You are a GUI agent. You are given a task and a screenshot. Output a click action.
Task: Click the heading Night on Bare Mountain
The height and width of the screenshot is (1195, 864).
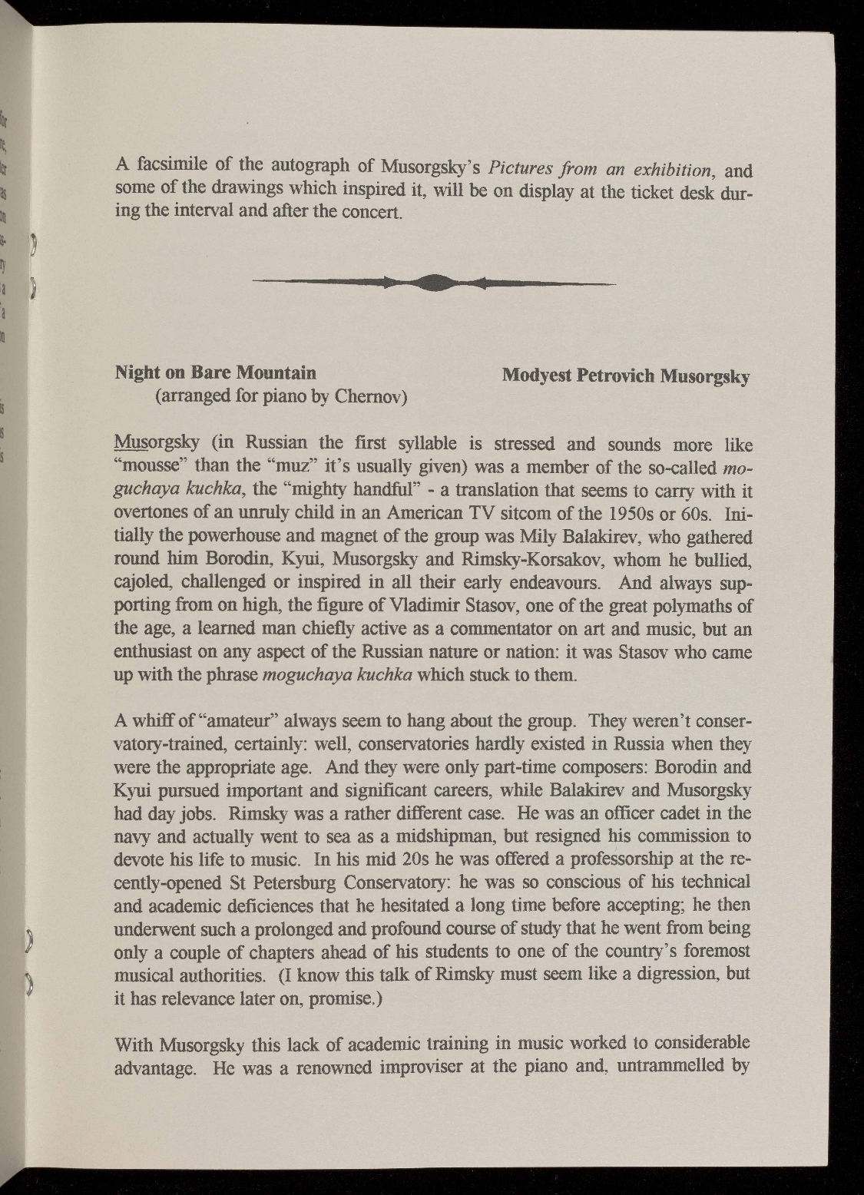tap(215, 373)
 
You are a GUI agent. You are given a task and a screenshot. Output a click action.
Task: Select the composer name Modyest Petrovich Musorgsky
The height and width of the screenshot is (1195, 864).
tap(625, 376)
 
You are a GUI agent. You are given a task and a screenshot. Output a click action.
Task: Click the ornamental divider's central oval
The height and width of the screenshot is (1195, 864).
tap(434, 283)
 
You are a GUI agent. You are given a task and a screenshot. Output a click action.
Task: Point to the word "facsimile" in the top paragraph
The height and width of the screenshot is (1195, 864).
tap(174, 165)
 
